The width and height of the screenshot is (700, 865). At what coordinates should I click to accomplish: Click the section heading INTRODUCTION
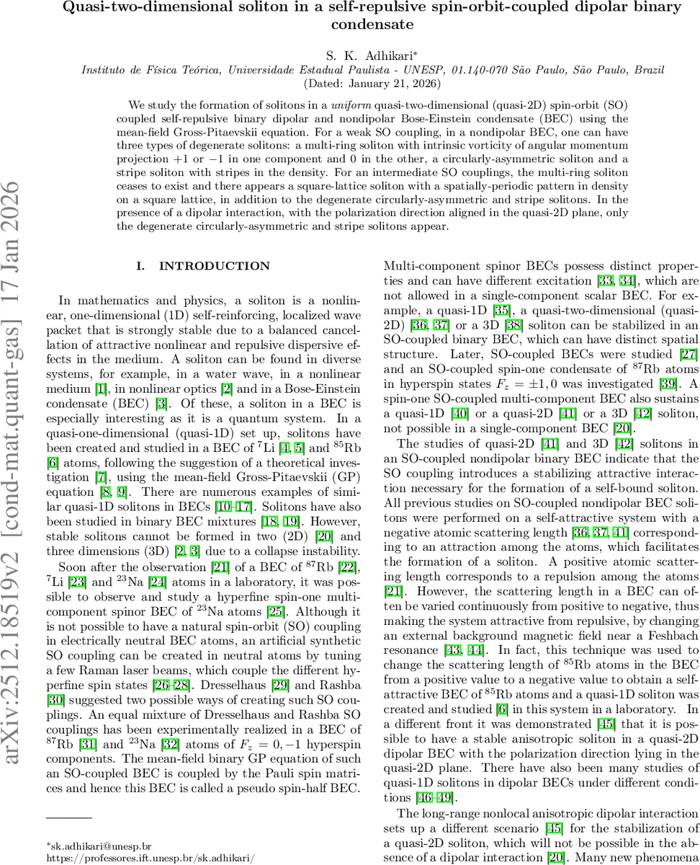pos(205,267)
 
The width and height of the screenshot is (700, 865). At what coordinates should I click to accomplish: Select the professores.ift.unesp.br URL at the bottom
pos(151,859)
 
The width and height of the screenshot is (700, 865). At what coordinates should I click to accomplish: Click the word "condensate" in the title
pos(372,24)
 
